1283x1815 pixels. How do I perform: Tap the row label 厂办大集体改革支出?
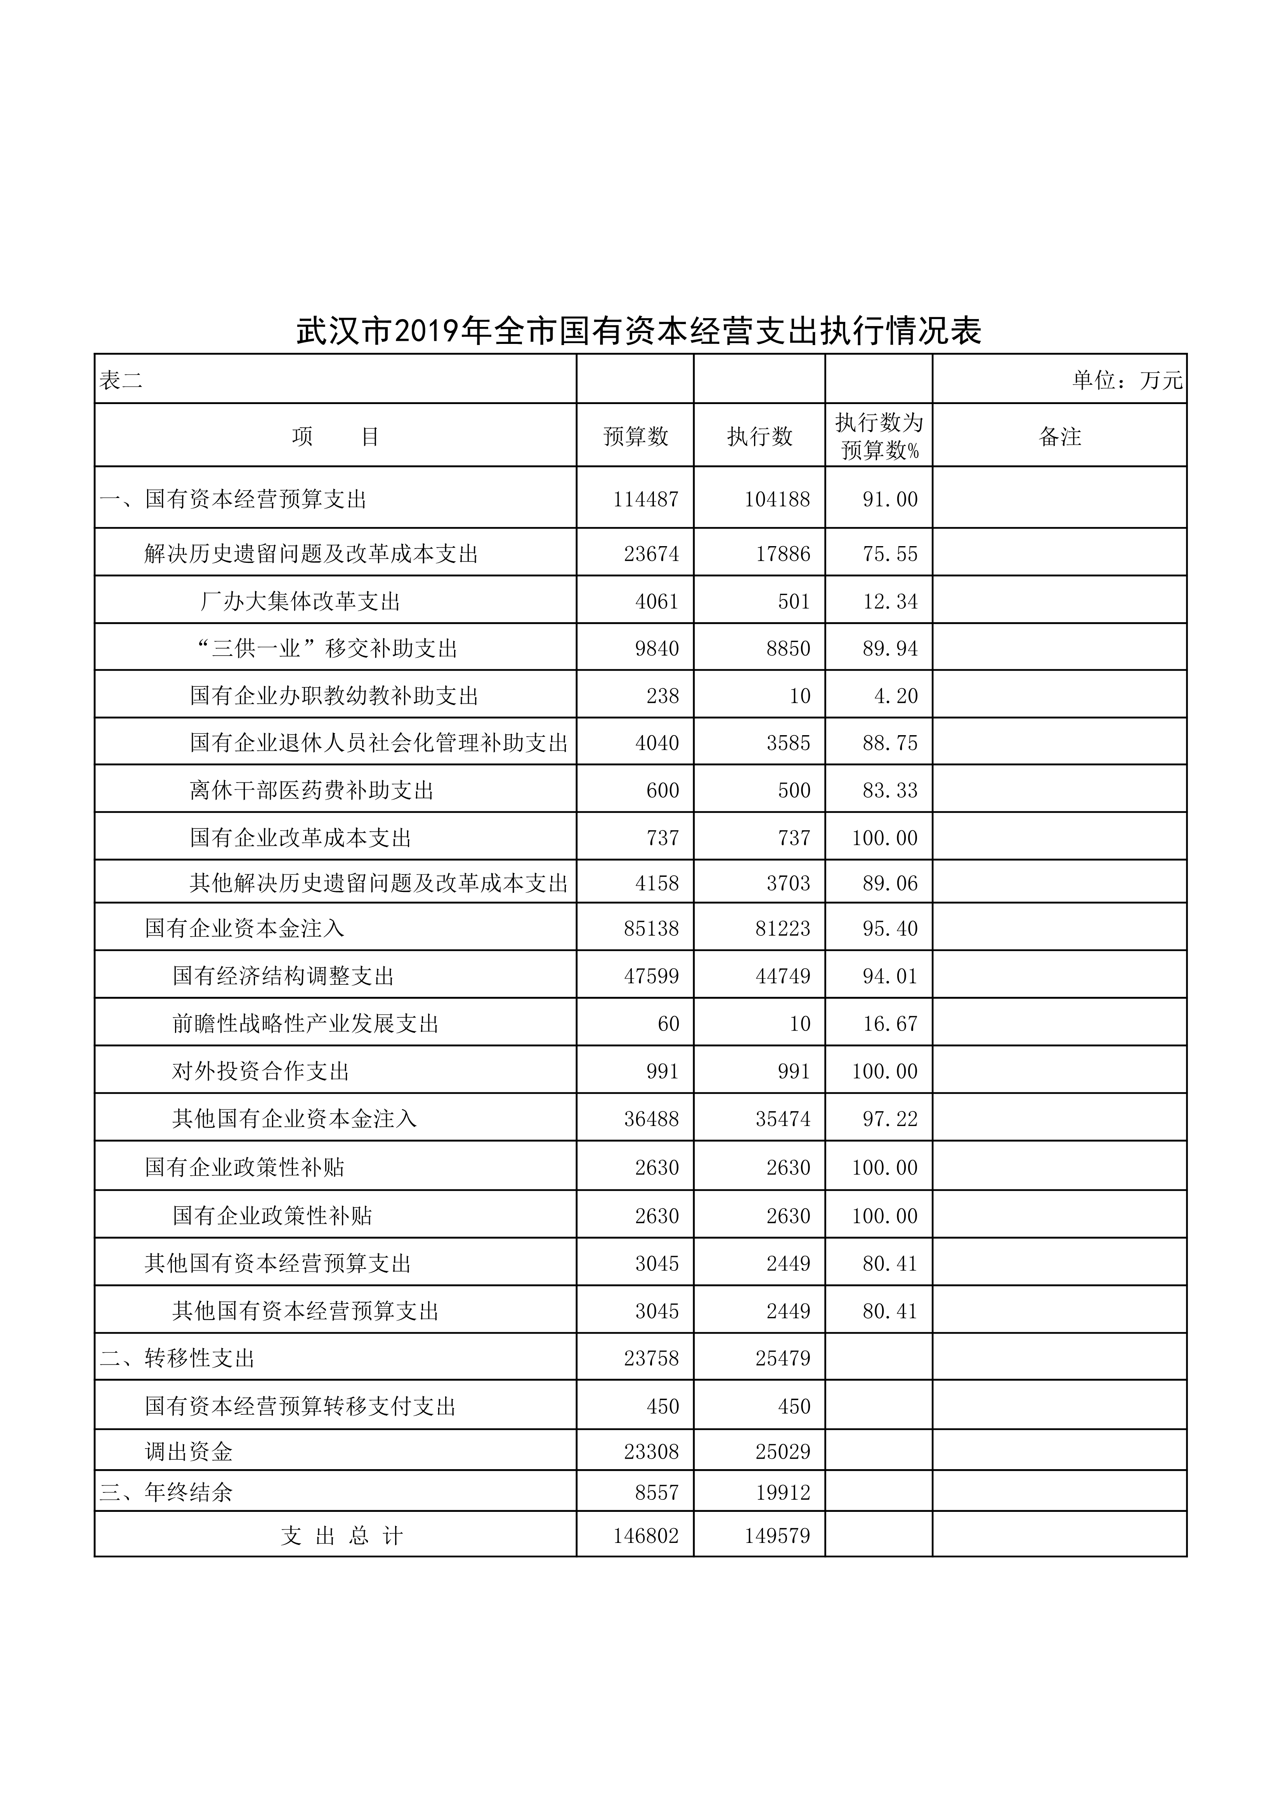[x=300, y=602]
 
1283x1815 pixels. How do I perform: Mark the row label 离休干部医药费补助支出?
[x=312, y=791]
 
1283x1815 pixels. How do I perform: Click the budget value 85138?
[x=651, y=928]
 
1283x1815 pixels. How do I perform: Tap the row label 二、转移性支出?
[x=177, y=1358]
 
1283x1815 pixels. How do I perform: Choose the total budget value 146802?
[x=646, y=1536]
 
